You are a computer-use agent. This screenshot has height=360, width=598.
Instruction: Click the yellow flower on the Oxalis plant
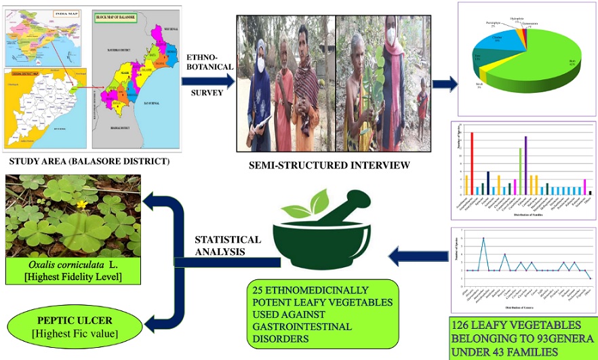click(81, 203)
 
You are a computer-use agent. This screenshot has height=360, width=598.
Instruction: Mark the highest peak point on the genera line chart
click(483, 239)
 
